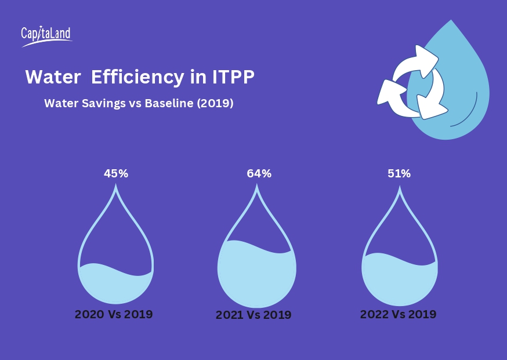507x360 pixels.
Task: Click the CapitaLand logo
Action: [46, 36]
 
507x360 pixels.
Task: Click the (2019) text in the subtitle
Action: [215, 104]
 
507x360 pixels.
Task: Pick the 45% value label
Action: [116, 173]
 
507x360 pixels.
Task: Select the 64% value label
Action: [259, 173]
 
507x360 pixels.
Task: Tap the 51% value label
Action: [399, 173]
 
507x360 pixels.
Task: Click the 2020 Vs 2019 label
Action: [114, 315]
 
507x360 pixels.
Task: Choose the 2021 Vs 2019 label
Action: [253, 315]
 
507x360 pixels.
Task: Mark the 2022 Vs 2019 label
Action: [398, 314]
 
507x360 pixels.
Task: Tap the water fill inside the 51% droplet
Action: [399, 281]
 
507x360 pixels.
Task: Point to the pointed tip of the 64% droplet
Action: [257, 187]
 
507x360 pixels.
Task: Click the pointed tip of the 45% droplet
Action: [116, 186]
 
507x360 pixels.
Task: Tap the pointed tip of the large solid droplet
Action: [451, 21]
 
